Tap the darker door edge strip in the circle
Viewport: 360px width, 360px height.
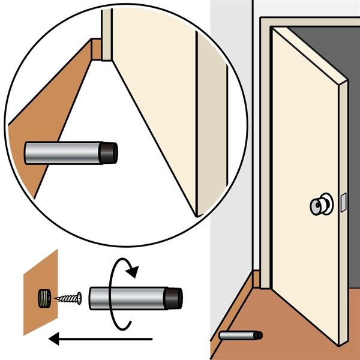(x=210, y=120)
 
